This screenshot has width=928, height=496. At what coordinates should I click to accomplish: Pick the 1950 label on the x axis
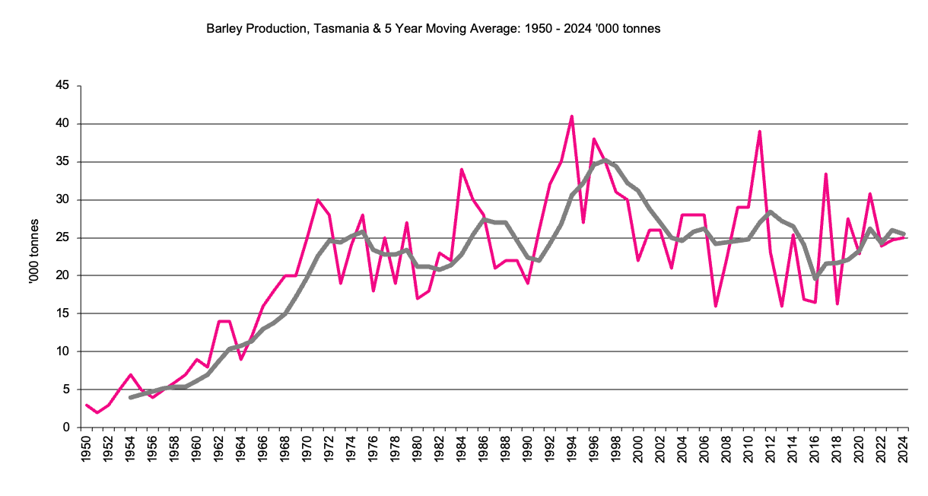pos(86,450)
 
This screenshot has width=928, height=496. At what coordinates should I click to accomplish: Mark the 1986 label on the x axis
pos(483,450)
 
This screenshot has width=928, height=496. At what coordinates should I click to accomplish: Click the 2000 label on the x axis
pos(637,450)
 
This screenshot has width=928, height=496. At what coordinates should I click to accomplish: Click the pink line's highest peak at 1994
pos(571,116)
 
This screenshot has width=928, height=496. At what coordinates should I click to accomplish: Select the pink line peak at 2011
pos(759,132)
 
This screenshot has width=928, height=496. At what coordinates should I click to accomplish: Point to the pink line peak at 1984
pos(461,170)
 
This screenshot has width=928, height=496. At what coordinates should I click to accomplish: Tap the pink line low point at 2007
pos(715,306)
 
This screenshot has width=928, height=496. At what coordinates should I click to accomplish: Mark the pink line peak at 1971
pos(318,200)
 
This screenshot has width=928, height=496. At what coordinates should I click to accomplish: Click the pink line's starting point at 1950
pos(86,405)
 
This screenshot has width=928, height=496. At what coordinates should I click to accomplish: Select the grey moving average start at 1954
pos(130,397)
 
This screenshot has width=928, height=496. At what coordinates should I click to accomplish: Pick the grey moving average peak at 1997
pos(605,160)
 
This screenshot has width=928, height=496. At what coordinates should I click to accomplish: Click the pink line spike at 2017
pos(825,174)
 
